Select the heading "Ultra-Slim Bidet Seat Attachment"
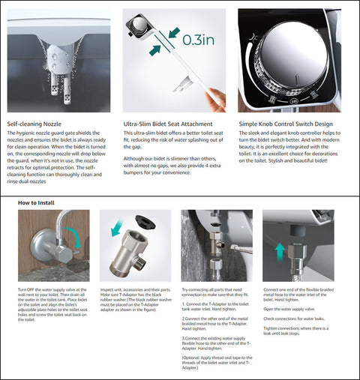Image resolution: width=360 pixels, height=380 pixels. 169,123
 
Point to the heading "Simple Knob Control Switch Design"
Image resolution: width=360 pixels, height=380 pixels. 287,123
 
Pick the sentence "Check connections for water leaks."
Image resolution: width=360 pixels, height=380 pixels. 288,319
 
